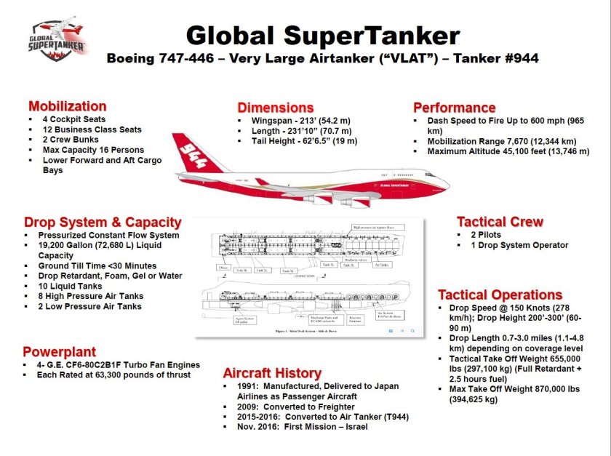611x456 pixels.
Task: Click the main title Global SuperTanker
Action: point(322,36)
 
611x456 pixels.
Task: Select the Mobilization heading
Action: point(67,106)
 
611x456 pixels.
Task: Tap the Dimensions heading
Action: point(276,108)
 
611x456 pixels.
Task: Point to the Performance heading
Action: point(454,108)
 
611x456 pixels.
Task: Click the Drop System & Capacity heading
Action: point(102,222)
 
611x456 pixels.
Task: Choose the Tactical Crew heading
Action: point(500,222)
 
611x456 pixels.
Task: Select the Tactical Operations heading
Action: point(500,295)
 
